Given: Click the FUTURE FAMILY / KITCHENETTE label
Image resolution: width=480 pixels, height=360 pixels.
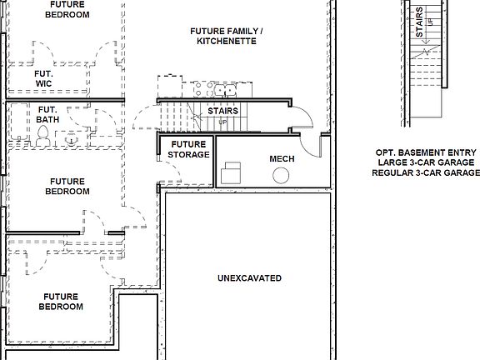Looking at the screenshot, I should (226, 36).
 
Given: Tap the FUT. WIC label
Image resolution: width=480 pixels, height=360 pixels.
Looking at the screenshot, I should (44, 78).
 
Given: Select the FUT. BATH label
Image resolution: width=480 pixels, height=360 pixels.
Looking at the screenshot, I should (47, 114).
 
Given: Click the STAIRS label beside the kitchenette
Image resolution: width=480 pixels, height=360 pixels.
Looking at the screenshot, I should (222, 110).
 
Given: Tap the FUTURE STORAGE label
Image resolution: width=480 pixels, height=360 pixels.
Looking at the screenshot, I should (188, 149).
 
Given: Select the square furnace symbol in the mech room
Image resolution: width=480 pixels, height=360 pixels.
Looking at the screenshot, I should (230, 174).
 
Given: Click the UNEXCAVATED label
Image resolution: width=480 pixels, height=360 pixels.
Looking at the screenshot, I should (249, 278).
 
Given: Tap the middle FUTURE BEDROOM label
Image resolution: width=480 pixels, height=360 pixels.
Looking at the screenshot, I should (67, 186).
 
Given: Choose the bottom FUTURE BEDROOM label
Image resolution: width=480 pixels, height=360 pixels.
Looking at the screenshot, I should (61, 301).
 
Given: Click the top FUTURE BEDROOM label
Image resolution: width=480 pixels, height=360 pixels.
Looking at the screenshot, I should (67, 9).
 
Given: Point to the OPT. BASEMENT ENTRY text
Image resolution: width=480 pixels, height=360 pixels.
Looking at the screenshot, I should (426, 153).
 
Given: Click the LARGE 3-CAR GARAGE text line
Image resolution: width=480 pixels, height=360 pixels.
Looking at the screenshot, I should (426, 163).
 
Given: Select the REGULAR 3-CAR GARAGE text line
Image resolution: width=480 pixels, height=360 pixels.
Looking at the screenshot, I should (426, 173).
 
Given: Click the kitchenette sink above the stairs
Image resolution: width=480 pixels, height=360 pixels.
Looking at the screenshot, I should (223, 89).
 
